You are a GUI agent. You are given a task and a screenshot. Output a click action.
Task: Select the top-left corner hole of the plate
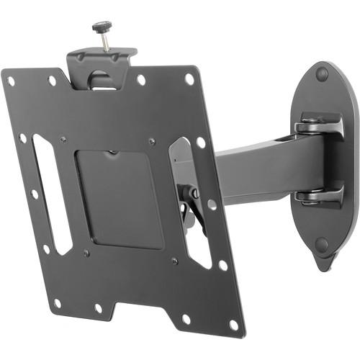pos(11,81)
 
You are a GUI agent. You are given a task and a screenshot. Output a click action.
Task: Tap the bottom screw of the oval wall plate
pos(322,244)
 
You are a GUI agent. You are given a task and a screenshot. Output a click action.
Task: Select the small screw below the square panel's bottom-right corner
pos(174,261)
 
